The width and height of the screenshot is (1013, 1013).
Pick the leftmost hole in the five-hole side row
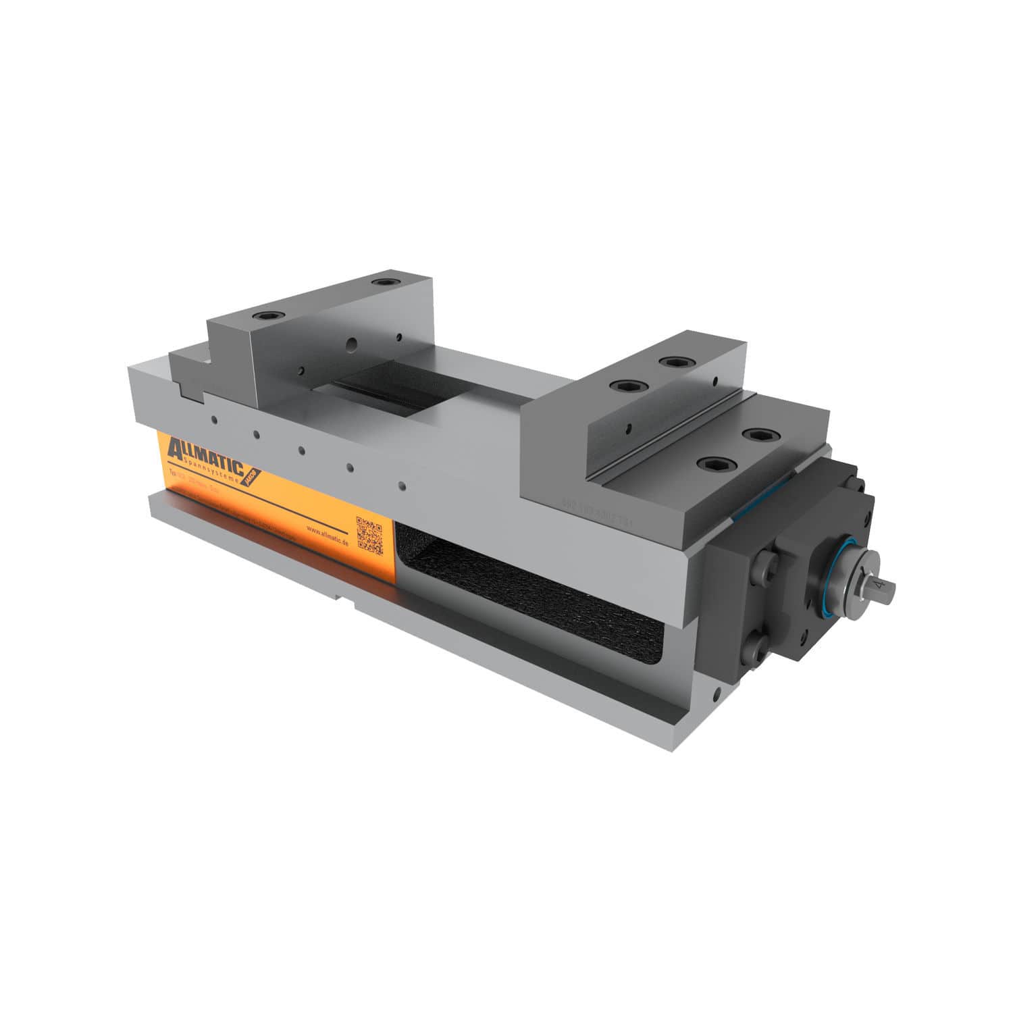pyautogui.click(x=214, y=419)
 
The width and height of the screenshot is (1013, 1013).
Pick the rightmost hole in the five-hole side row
pyautogui.click(x=402, y=486)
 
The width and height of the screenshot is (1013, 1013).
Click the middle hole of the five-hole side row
pyautogui.click(x=302, y=449)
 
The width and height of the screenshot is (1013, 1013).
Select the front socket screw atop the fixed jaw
pyautogui.click(x=263, y=315)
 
